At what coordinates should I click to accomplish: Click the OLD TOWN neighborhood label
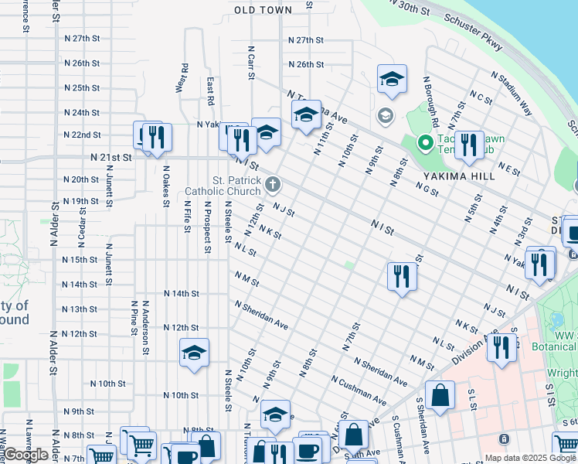263,10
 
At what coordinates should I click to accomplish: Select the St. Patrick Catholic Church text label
223,186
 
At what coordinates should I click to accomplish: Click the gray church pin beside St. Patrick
272,185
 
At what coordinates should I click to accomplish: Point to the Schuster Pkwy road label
474,36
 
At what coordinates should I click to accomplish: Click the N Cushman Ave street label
359,391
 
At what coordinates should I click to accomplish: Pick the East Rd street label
210,90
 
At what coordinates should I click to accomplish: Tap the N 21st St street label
111,156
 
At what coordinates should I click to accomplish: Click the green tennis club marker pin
423,143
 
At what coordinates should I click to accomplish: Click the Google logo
26,455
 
